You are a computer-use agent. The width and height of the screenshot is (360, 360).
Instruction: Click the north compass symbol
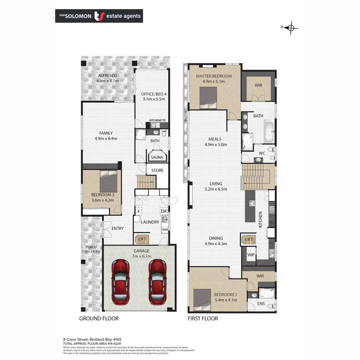click(291, 28)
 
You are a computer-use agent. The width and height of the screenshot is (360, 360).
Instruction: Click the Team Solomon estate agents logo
click(99, 16)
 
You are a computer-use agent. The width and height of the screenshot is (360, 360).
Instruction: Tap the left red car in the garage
click(120, 282)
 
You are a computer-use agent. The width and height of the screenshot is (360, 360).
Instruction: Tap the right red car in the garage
click(157, 282)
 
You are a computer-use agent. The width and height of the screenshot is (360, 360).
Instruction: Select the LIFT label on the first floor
click(249, 239)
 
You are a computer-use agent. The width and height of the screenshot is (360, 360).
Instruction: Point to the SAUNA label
click(157, 157)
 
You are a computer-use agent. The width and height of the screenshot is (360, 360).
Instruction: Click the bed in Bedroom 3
click(108, 181)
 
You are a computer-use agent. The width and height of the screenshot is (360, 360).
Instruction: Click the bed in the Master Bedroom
click(208, 98)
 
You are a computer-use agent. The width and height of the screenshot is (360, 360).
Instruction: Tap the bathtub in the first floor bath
click(269, 131)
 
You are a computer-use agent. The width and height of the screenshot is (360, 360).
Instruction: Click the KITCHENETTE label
click(157, 120)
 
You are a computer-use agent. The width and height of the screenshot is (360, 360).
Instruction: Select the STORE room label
click(157, 170)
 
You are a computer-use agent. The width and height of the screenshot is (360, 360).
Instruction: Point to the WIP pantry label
click(251, 255)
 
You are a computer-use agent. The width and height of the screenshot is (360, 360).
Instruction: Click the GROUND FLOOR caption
click(99, 318)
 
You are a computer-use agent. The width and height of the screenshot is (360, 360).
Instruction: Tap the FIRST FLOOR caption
click(203, 318)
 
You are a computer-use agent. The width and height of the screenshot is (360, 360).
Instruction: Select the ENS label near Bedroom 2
click(261, 304)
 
